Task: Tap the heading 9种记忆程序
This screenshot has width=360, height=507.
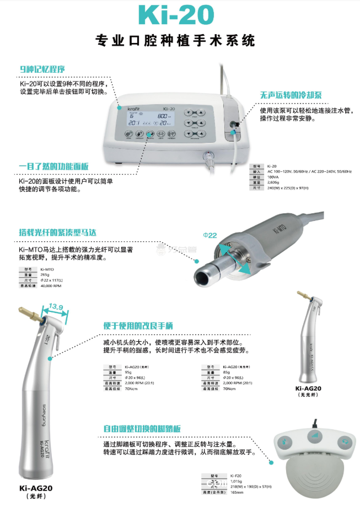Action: click(42, 69)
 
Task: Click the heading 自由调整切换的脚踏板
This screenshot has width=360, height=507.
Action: click(142, 428)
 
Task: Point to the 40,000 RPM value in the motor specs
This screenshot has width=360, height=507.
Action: click(50, 287)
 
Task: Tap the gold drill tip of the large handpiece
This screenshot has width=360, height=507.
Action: click(27, 312)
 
